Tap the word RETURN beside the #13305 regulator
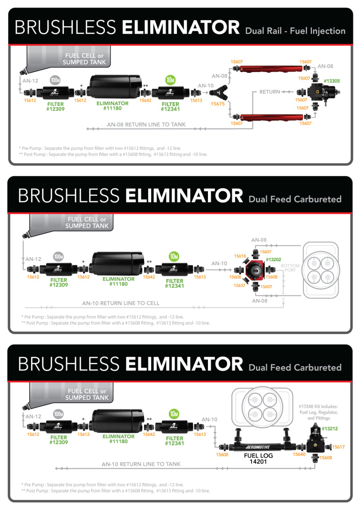(270, 92)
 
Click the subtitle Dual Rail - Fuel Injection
(295, 31)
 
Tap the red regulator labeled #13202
(254, 270)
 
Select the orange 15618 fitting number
(240, 256)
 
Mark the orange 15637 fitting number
(240, 285)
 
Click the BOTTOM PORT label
(290, 268)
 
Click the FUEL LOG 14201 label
(258, 458)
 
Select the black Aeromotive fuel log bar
(261, 447)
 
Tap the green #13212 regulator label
(330, 429)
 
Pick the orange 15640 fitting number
(299, 454)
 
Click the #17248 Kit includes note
(320, 412)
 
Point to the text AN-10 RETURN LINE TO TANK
(141, 464)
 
